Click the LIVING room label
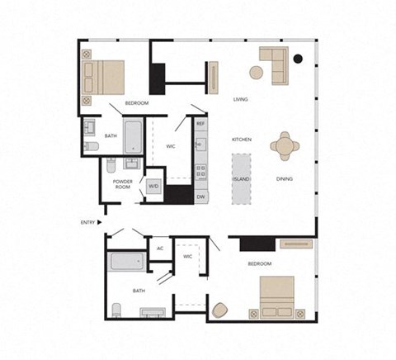[241, 98]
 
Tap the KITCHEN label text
[241, 140]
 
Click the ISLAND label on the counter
[242, 178]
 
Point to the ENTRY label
[87, 222]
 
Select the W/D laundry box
[153, 186]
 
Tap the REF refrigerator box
[200, 124]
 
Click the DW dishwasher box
[200, 197]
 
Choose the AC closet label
[160, 247]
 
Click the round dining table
[286, 146]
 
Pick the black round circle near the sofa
[298, 59]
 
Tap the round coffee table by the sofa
[257, 72]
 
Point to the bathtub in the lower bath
[127, 263]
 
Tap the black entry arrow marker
[100, 222]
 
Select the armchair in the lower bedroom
[219, 310]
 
